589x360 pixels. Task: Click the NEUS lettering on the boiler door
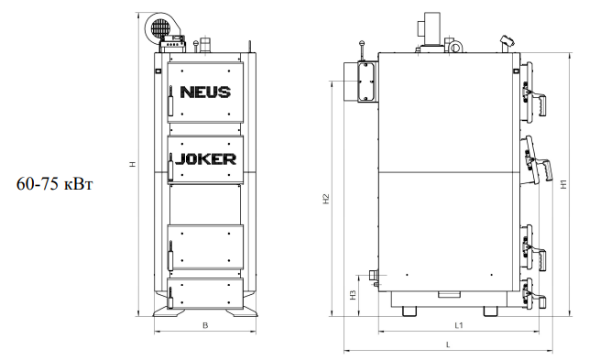click(x=205, y=93)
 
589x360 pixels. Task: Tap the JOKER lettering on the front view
click(x=206, y=159)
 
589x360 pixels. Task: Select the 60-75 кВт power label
click(x=54, y=184)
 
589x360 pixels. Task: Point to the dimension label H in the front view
click(x=133, y=164)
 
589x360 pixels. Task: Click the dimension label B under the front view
click(x=205, y=325)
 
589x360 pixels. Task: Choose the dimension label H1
click(x=563, y=184)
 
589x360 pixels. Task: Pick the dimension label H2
click(x=326, y=199)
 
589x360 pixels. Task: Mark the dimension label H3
click(x=353, y=295)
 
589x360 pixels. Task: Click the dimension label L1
click(x=459, y=325)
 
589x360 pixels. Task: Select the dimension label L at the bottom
click(x=448, y=344)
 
